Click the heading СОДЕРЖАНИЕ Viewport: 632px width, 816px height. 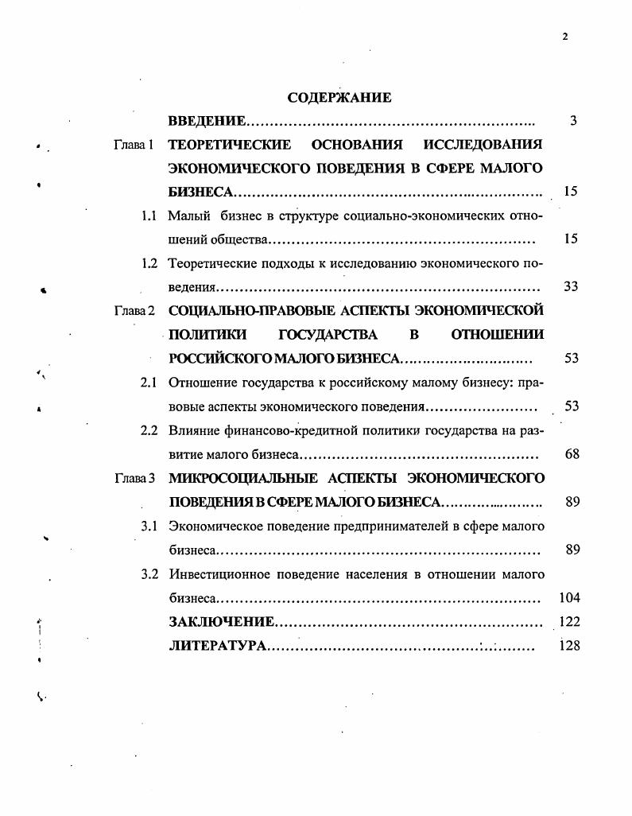pos(339,98)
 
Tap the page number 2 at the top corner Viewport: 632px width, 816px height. pos(564,36)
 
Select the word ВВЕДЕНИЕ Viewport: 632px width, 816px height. pos(207,121)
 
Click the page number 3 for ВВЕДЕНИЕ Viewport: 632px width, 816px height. pos(572,121)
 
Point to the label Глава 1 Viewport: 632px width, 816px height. pos(134,145)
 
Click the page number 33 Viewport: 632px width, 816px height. pos(570,286)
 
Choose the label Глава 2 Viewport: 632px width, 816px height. pos(134,310)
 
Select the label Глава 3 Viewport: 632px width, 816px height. pos(134,478)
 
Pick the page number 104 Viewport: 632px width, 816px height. pos(569,597)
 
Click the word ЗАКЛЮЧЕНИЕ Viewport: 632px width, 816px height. pos(222,621)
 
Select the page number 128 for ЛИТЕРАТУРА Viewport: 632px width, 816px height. pos(569,645)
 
